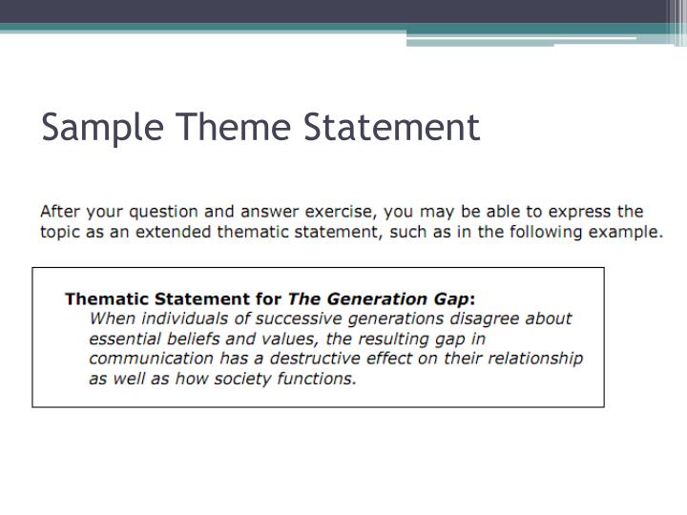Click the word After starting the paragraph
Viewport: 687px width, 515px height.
(61, 212)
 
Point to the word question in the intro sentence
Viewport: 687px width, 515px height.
(165, 213)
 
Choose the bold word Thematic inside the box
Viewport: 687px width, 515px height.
(106, 299)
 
